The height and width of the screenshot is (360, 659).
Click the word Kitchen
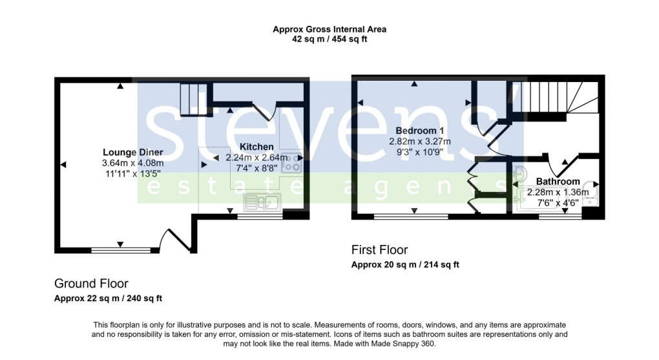(x=256, y=147)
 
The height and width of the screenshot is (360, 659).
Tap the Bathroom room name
(x=558, y=182)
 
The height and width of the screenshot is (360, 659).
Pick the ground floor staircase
(x=192, y=99)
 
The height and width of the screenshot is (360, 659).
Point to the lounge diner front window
(x=120, y=249)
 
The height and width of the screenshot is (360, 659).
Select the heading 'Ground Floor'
(x=91, y=283)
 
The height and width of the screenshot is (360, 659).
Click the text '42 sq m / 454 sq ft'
(x=329, y=39)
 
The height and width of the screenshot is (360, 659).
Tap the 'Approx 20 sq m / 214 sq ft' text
(x=405, y=265)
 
